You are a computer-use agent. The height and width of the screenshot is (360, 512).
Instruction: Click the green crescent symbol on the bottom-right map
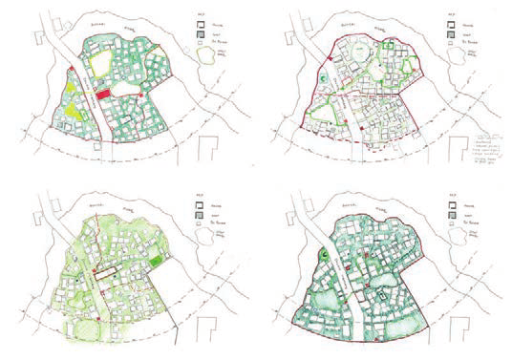[x=328, y=253]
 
